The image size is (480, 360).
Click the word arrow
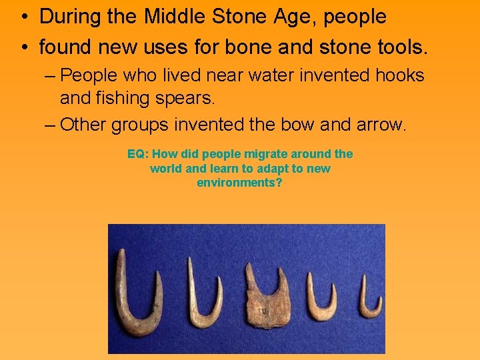point(378,125)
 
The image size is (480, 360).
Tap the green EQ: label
point(138,154)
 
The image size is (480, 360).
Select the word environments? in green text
point(240,182)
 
